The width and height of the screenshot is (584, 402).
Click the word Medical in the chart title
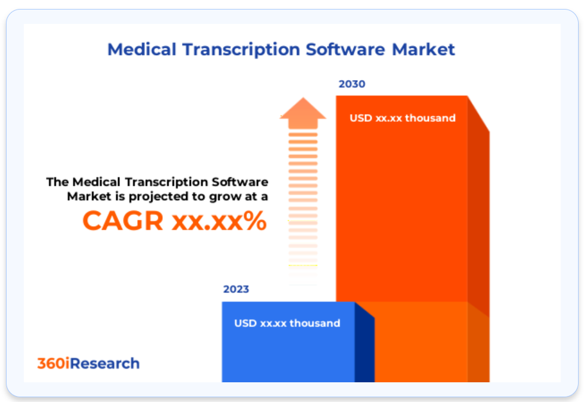coord(142,50)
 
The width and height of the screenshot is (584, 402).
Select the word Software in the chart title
coord(345,50)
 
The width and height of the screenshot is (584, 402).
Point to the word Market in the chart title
coord(424,50)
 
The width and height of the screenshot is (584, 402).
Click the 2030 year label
coord(352,84)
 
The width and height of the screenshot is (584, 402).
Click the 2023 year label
coord(236,289)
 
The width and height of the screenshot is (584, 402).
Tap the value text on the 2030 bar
coord(403,118)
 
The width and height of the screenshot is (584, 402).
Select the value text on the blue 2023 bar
coord(287,323)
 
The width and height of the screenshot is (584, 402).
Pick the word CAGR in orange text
coord(123,221)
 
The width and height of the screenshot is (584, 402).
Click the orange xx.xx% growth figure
coord(220,221)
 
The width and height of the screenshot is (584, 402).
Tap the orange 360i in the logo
coord(53,363)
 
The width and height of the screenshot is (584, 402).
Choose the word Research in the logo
coord(104,363)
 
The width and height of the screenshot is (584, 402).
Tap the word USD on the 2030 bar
coord(361,118)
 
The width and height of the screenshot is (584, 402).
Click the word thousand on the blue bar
coord(315,323)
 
